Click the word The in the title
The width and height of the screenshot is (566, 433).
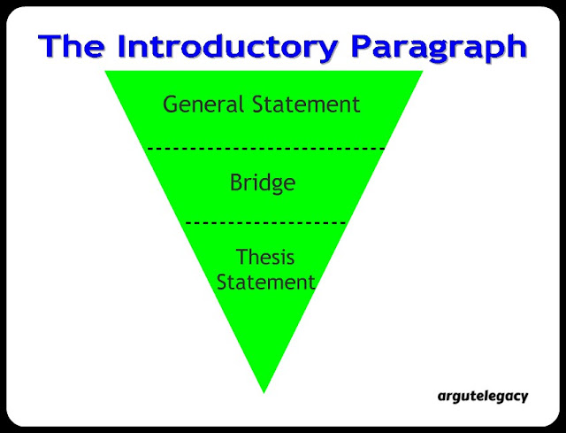coord(72,46)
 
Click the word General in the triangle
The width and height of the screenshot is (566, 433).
coord(203,104)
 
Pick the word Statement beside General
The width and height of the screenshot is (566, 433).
coord(306,104)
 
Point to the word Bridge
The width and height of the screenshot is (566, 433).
coord(263,183)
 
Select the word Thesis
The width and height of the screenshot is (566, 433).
coord(265,257)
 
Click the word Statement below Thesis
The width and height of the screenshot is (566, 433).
coord(265,282)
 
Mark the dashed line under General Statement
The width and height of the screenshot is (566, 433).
coord(265,149)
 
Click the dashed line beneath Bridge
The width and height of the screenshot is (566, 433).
coord(265,223)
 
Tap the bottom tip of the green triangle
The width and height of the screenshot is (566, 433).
coord(264,393)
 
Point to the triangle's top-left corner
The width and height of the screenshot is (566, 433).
coord(105,71)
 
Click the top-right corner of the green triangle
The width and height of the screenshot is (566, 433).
coord(423,71)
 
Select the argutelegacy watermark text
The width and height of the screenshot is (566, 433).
coord(483,397)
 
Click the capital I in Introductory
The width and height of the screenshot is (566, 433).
coord(123,46)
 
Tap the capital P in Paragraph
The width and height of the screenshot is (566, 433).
coord(363,46)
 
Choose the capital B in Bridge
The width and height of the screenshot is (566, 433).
coord(236,182)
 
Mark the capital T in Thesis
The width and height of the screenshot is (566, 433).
coord(243,257)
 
